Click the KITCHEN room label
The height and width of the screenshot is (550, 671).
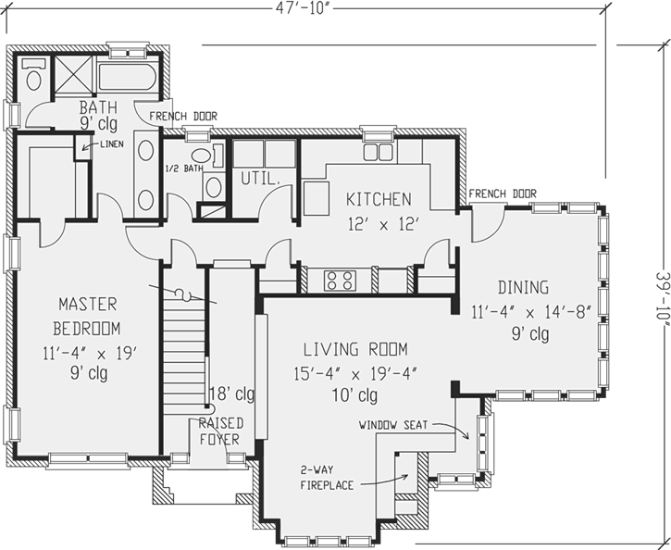379,199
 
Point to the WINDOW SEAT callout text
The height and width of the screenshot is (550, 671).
392,425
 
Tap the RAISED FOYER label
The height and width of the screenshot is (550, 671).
219,431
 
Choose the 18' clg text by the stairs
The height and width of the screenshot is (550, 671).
230,393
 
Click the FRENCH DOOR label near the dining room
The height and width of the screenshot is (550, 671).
502,194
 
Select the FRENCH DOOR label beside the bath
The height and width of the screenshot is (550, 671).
182,117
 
